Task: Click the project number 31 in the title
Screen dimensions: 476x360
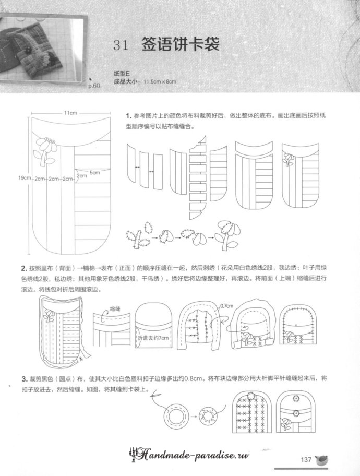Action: pyautogui.click(x=121, y=45)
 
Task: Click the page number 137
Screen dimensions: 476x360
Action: pyautogui.click(x=306, y=459)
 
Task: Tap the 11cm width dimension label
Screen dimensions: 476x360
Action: pyautogui.click(x=71, y=113)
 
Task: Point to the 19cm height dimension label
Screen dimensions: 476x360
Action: pyautogui.click(x=24, y=178)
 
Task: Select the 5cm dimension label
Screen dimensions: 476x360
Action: pyautogui.click(x=94, y=172)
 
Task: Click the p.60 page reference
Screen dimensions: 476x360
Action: pyautogui.click(x=93, y=85)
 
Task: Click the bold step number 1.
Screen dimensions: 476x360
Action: pyautogui.click(x=128, y=116)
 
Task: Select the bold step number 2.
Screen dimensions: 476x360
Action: pyautogui.click(x=24, y=269)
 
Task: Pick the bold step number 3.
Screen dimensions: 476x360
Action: pyautogui.click(x=24, y=378)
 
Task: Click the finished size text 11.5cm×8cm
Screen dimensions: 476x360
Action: pyautogui.click(x=159, y=81)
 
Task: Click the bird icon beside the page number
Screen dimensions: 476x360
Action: pyautogui.click(x=322, y=459)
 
